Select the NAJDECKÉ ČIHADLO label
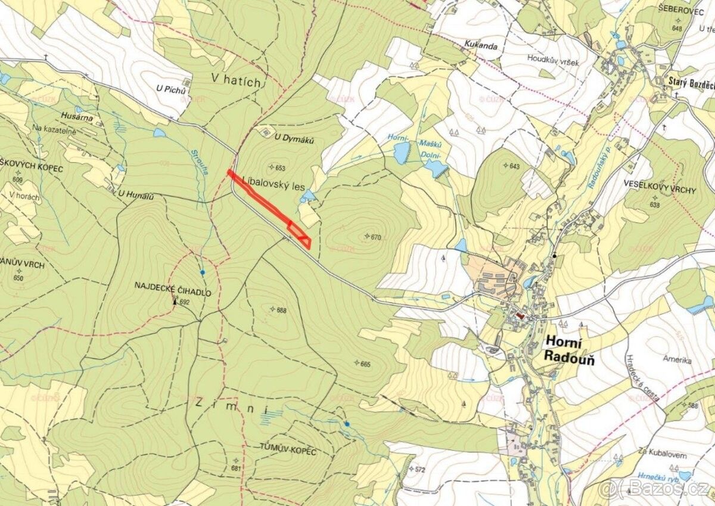173,292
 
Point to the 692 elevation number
184,303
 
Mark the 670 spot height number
375,237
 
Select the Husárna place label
77,118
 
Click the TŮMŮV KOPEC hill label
287,451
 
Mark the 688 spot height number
282,310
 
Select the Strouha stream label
198,161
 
